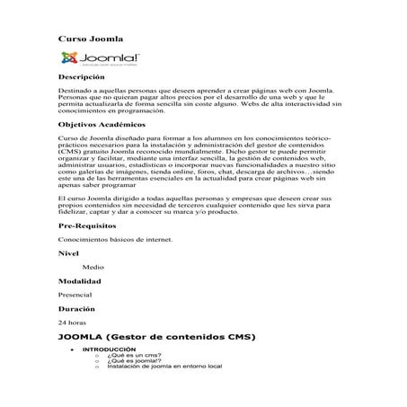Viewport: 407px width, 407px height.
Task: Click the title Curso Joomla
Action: pyautogui.click(x=90, y=39)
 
